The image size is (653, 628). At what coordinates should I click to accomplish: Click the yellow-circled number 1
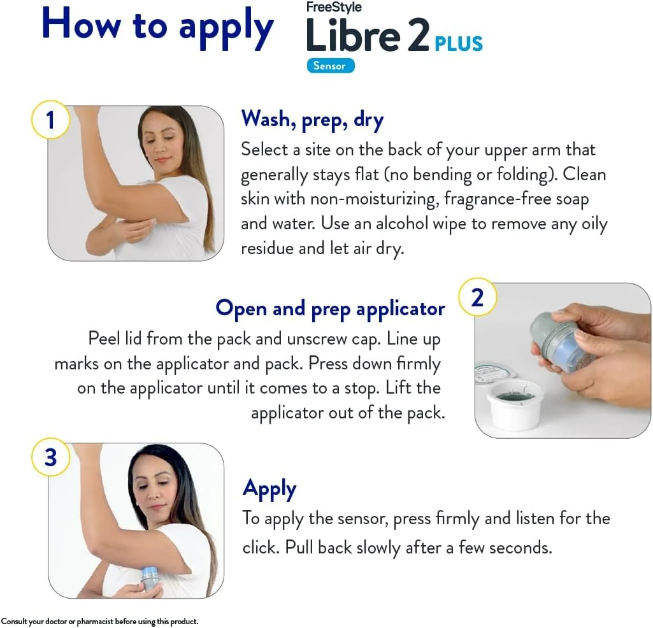[50, 119]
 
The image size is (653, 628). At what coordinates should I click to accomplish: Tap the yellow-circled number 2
[477, 297]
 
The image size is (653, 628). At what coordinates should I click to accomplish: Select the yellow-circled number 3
[50, 457]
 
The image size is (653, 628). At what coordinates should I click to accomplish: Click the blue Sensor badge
[330, 66]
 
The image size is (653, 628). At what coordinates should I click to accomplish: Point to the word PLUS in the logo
[459, 43]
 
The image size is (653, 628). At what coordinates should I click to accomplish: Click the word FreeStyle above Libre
[334, 8]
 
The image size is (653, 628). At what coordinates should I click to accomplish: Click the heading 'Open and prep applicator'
[330, 308]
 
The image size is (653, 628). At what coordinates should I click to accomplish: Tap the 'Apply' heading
[269, 489]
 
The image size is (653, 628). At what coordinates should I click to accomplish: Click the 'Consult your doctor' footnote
[100, 621]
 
